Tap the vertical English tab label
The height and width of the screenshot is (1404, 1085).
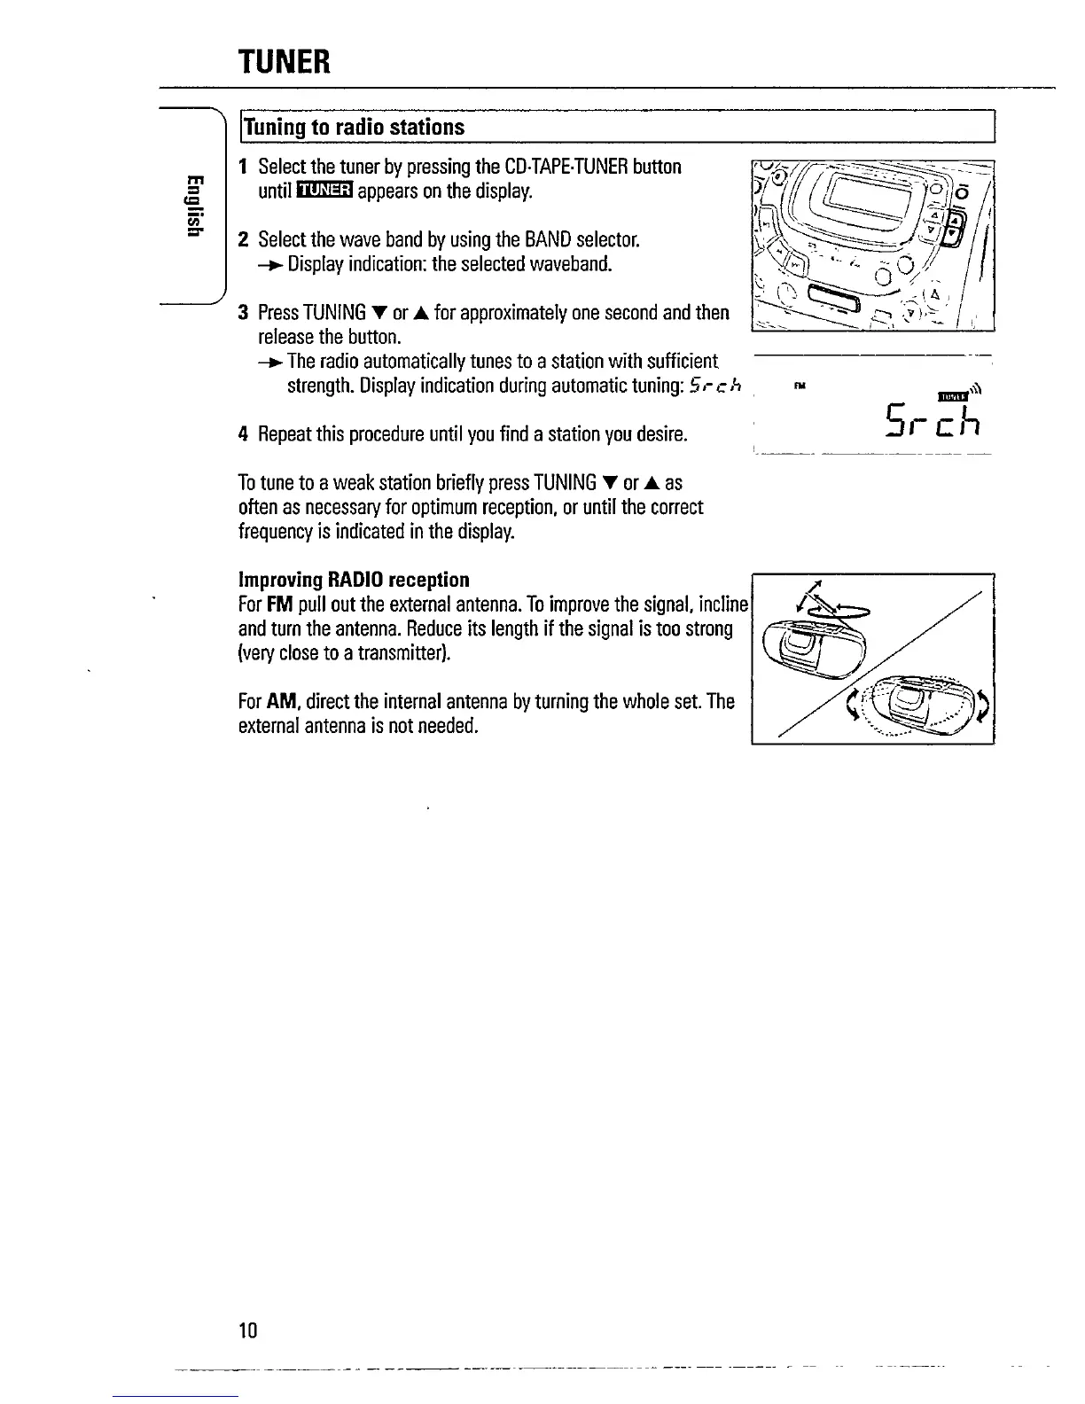[x=190, y=206]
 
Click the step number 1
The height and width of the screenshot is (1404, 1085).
[x=243, y=167]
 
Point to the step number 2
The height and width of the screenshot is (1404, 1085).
[x=243, y=239]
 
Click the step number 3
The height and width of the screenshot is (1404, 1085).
[x=243, y=312]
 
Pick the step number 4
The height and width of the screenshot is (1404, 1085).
[x=243, y=434]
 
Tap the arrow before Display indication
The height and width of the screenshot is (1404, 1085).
[x=271, y=265]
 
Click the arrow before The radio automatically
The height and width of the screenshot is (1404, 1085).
[x=271, y=362]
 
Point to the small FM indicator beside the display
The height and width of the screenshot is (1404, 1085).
[x=800, y=386]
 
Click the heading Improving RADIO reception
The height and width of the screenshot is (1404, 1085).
[x=354, y=580]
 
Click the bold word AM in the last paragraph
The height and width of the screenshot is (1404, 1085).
[x=280, y=702]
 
